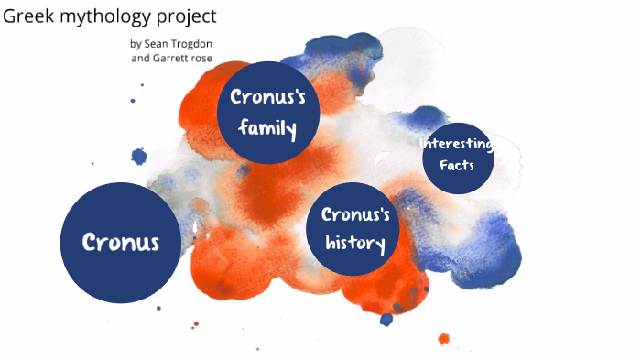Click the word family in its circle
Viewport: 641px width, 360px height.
[267, 128]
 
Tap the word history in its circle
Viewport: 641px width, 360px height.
[355, 244]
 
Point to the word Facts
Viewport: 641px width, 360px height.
[456, 166]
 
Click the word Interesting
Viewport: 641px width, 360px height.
[457, 145]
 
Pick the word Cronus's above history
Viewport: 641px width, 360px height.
[355, 216]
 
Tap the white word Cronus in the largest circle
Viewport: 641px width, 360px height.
[120, 243]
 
